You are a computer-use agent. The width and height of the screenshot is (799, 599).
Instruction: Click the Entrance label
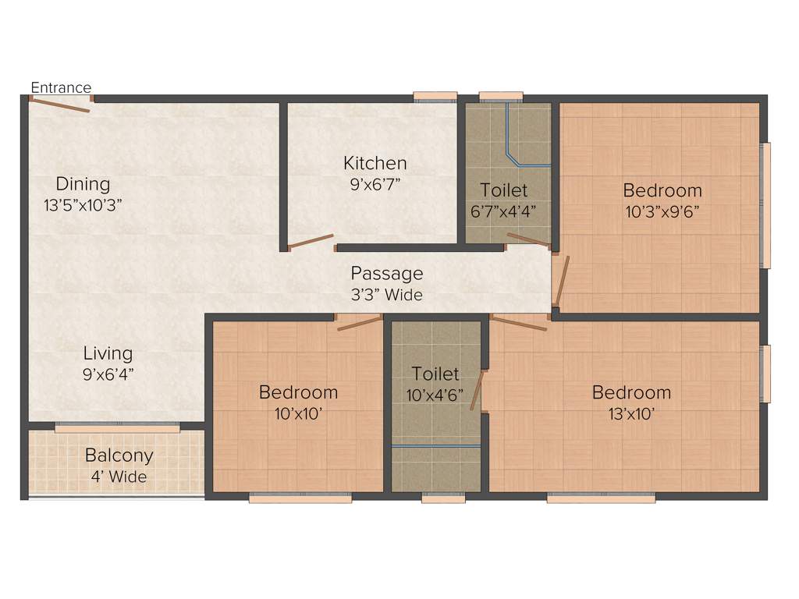coord(61,87)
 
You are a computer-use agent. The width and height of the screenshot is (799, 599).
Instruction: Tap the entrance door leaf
coord(61,105)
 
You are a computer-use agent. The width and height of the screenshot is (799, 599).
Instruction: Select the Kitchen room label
coord(375,163)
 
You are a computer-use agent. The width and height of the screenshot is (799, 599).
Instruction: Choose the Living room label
coord(108,353)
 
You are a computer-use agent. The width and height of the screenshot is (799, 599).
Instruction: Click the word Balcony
coord(119,455)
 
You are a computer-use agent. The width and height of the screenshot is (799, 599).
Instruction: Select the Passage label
coord(386,273)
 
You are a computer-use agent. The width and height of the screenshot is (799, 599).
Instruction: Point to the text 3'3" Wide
coord(386,295)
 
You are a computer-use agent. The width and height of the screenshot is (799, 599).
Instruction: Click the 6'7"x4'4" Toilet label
coord(503,190)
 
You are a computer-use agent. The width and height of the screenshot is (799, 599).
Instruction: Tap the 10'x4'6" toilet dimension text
coord(435,395)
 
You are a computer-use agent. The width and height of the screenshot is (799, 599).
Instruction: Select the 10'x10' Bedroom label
coord(298,392)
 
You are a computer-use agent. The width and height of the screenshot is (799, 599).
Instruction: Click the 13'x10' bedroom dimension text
coord(630,413)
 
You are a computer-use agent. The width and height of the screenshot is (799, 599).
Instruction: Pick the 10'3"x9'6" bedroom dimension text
coord(662,211)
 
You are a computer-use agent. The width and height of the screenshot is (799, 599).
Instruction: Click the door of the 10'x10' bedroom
coord(359,323)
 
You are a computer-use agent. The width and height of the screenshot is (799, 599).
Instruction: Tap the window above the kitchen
coord(435,97)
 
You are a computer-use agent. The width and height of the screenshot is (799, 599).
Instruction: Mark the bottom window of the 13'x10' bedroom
coord(600,498)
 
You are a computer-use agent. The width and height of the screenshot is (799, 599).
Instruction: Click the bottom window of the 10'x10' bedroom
coord(300,498)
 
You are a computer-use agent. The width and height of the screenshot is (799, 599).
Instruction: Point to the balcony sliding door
coord(117,427)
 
